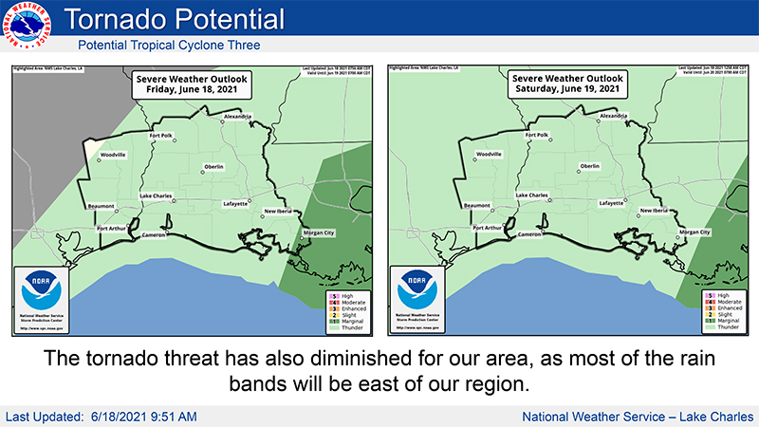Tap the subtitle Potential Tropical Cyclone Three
(x=168, y=45)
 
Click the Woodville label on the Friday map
(x=113, y=155)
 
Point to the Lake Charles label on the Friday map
(x=157, y=195)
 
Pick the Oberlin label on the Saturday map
(x=590, y=166)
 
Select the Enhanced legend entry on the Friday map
(x=342, y=308)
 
